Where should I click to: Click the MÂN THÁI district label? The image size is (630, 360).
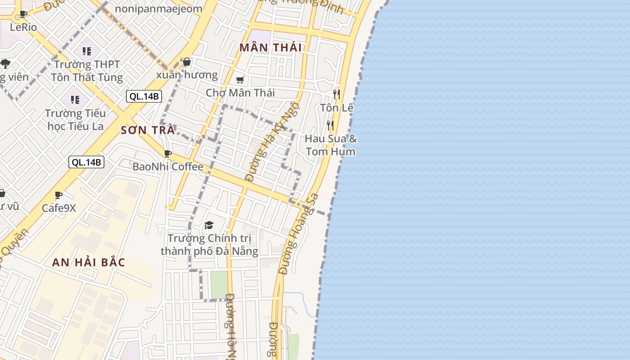[x=270, y=48]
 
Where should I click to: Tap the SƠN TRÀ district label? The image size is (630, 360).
[x=148, y=130]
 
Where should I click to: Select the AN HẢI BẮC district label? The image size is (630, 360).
[x=89, y=262]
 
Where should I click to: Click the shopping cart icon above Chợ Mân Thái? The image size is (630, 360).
[x=240, y=80]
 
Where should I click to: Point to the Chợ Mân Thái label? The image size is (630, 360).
[x=240, y=93]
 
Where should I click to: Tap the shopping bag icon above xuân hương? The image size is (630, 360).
[x=187, y=62]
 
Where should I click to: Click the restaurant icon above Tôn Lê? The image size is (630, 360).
[x=336, y=94]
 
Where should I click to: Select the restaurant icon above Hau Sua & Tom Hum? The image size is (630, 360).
[x=330, y=125]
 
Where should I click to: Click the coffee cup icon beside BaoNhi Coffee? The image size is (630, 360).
[x=168, y=153]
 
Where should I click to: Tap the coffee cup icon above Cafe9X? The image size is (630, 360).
[x=58, y=195]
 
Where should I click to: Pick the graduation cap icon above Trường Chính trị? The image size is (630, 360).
[x=209, y=225]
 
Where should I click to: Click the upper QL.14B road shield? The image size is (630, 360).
[x=144, y=96]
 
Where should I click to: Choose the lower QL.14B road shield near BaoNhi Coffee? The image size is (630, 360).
[x=86, y=162]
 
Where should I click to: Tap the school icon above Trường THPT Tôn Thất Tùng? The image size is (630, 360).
[x=86, y=51]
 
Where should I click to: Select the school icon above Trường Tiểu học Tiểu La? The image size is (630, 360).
[x=75, y=99]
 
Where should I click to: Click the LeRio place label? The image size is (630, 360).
[x=23, y=27]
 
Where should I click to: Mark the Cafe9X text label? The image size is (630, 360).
[x=59, y=208]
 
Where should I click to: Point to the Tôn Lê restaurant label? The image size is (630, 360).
[x=337, y=108]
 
